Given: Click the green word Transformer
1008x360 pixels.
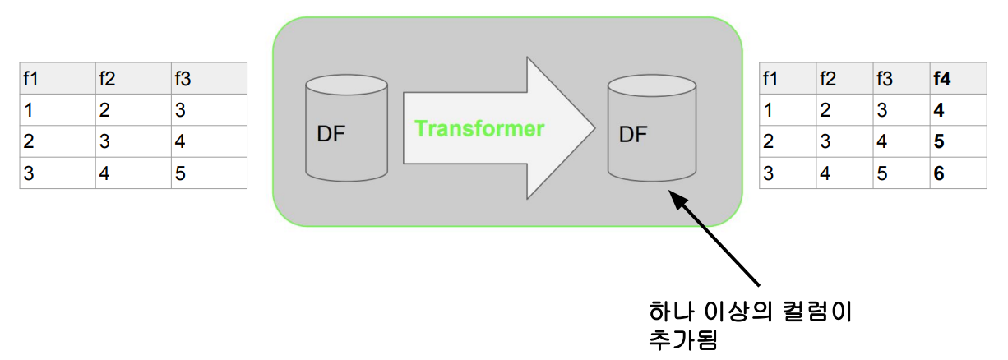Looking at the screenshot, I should (x=479, y=129).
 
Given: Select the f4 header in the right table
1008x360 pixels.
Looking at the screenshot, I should (x=941, y=79).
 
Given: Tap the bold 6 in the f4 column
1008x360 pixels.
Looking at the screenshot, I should (x=939, y=173).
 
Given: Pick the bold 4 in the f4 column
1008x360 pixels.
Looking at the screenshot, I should (x=939, y=110).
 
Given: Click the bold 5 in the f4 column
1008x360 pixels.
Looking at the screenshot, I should (x=939, y=141).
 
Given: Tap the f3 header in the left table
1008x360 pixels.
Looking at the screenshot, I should (x=183, y=79).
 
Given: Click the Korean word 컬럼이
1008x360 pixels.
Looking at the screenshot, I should (x=821, y=312).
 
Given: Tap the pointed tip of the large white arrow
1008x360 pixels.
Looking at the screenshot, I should (x=594, y=127).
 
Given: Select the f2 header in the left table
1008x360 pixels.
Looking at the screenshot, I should (x=107, y=79).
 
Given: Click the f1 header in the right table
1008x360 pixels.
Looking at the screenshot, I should (x=770, y=79).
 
